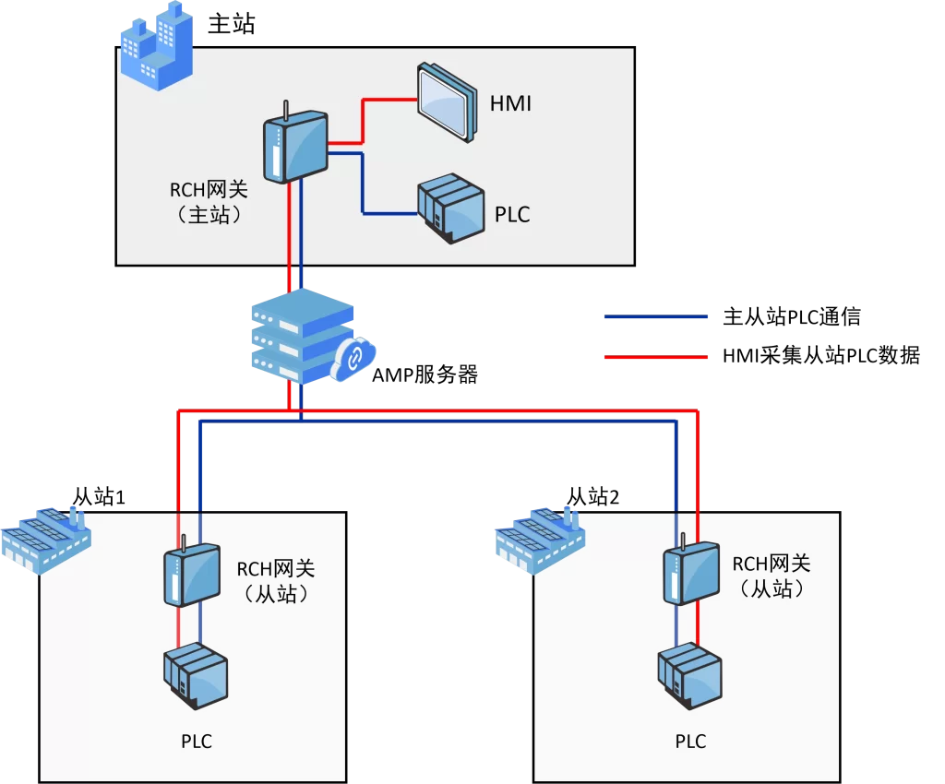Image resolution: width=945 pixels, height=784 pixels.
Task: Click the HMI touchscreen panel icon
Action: (448, 102)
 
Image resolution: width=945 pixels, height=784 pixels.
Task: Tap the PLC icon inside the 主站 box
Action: (450, 208)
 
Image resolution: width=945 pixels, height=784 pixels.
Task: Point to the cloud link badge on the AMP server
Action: (353, 359)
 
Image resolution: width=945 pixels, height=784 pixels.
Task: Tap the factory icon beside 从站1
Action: (46, 540)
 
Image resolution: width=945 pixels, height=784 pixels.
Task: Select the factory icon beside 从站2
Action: (539, 540)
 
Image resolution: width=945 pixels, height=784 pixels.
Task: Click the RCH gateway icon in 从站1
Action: (192, 574)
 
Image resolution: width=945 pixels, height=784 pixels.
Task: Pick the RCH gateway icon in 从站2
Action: (691, 572)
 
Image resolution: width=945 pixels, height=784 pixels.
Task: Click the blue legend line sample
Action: (656, 316)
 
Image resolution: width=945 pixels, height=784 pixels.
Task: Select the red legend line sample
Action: (656, 357)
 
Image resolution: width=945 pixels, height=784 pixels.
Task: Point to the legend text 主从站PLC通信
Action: (791, 316)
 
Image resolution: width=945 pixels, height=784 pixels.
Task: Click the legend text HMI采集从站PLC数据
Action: (820, 355)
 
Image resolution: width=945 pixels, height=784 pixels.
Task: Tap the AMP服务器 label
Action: (425, 374)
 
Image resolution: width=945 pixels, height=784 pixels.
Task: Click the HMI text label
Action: (510, 103)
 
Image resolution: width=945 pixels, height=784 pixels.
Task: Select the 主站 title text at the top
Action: (232, 24)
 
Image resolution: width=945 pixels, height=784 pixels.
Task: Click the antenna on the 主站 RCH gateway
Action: (286, 111)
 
